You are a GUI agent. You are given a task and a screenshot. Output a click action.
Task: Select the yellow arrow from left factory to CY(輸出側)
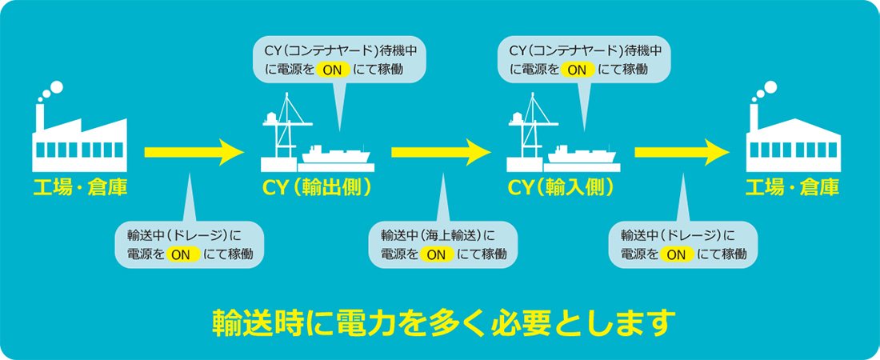[x=193, y=150]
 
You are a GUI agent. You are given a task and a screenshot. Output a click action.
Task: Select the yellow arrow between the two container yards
[x=441, y=150]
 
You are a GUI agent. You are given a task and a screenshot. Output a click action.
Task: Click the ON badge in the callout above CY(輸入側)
[x=578, y=70]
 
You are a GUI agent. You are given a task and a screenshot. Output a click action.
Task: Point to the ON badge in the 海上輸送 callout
[x=437, y=254]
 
